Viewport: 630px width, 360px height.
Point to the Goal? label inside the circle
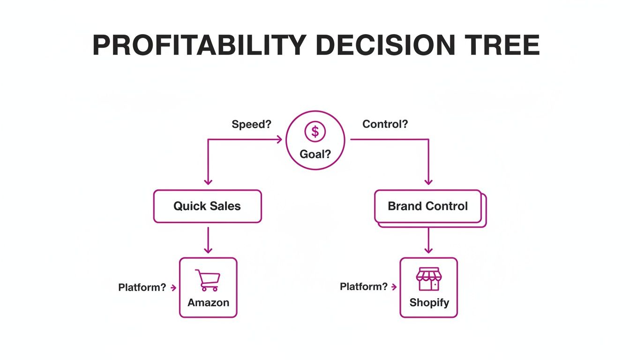[x=315, y=154]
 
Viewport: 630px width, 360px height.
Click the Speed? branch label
[x=252, y=124]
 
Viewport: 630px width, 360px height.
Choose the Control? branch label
[x=385, y=124]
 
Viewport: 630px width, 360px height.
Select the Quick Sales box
[x=207, y=206]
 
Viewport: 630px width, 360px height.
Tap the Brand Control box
[x=428, y=206]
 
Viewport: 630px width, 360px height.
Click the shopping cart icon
[x=208, y=280]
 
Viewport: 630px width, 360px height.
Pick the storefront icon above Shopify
[x=428, y=279]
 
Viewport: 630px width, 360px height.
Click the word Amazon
[x=208, y=303]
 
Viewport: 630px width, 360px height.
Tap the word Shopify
[x=429, y=303]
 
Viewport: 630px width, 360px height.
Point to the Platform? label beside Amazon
[x=142, y=287]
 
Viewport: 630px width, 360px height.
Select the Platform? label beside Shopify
[x=364, y=286]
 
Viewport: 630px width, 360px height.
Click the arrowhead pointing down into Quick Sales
[x=208, y=181]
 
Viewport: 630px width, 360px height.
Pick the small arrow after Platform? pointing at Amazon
[x=173, y=287]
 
